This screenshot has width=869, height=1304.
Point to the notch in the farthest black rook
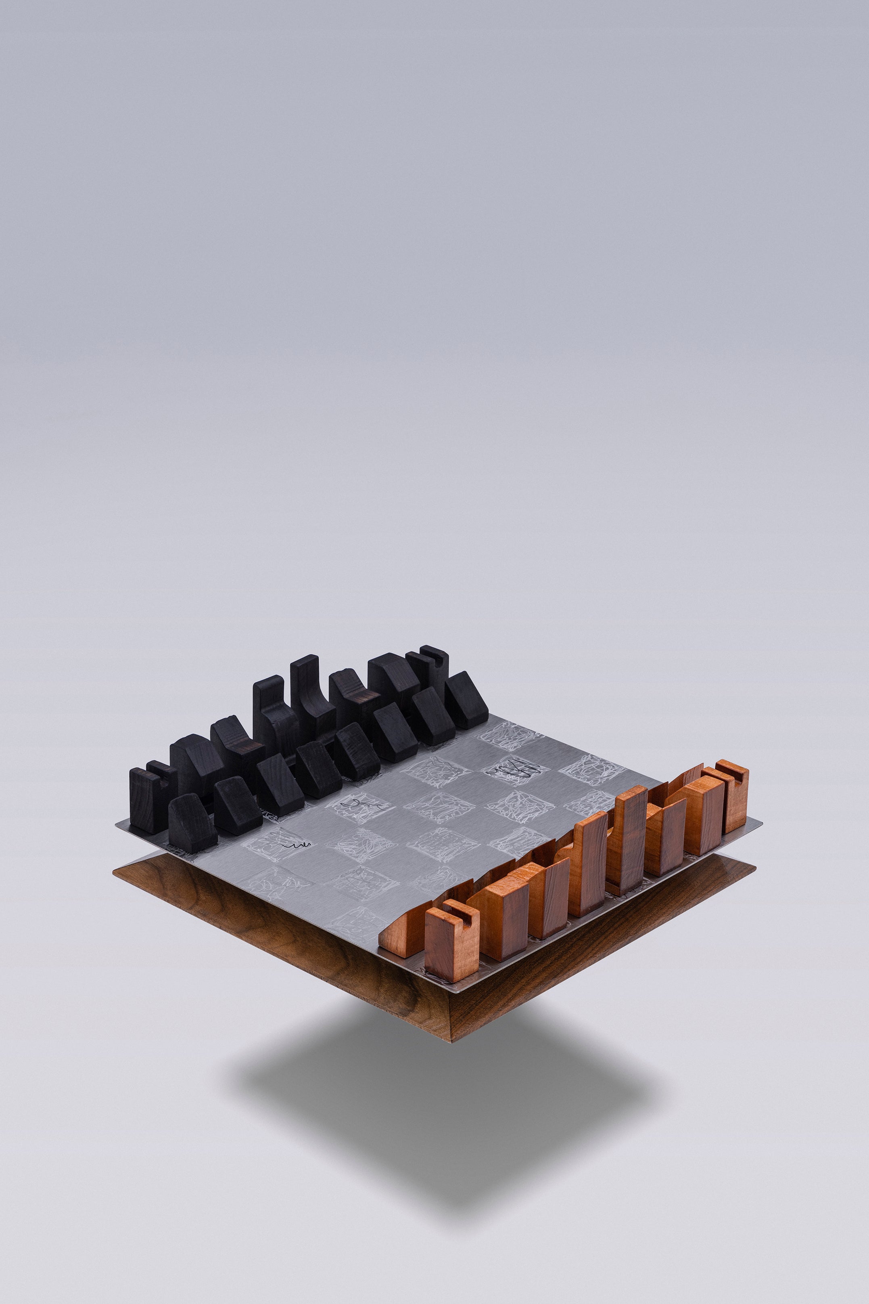pos(439,657)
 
